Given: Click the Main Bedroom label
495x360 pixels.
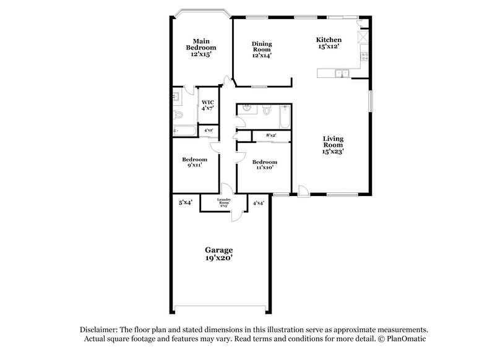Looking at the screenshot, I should tap(203, 47).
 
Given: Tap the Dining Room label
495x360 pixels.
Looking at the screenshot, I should tap(262, 49).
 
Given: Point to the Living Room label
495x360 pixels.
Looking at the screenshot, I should tap(334, 144).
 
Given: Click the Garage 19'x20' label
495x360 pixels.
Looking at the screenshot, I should tap(219, 254).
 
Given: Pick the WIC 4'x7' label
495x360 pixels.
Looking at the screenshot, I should tap(207, 105).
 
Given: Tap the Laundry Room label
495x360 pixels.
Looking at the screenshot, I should tap(224, 202).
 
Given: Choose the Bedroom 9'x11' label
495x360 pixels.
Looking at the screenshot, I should tap(194, 162).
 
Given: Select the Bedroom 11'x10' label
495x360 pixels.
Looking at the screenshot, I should tap(264, 165).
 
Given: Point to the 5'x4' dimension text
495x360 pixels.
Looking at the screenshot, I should tap(185, 202).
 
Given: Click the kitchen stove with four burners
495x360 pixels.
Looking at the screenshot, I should tap(364, 58).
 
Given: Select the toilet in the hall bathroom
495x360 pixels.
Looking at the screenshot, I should tap(267, 111).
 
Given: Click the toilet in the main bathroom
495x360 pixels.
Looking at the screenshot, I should tap(179, 115).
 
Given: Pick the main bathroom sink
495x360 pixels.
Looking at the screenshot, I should tap(176, 96).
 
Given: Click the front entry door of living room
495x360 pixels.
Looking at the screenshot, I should tap(303, 191).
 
